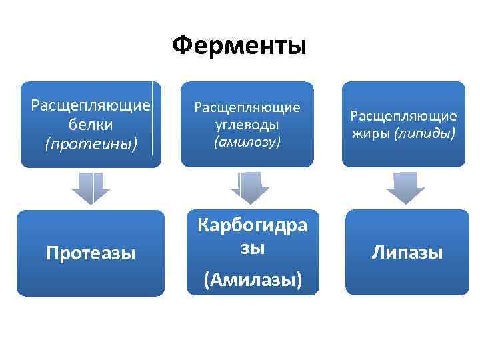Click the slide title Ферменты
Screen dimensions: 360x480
[x=239, y=46]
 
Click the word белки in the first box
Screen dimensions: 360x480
[x=90, y=125]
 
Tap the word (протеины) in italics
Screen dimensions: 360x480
[x=91, y=143]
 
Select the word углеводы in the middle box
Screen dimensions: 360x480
[x=247, y=125]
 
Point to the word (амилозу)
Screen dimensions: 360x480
[x=247, y=141]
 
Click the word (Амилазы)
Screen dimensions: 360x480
[x=253, y=280]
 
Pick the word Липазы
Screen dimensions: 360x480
[x=407, y=253]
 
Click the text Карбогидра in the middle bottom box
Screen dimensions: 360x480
[x=253, y=225]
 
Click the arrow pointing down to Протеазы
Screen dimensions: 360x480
[x=91, y=188]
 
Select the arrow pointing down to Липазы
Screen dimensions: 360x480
[x=405, y=188]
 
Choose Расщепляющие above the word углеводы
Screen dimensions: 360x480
[x=247, y=107]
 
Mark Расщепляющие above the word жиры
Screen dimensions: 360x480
[x=403, y=116]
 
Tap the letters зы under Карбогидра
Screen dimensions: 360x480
[x=253, y=248]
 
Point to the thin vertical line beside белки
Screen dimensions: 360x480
[x=153, y=119]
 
